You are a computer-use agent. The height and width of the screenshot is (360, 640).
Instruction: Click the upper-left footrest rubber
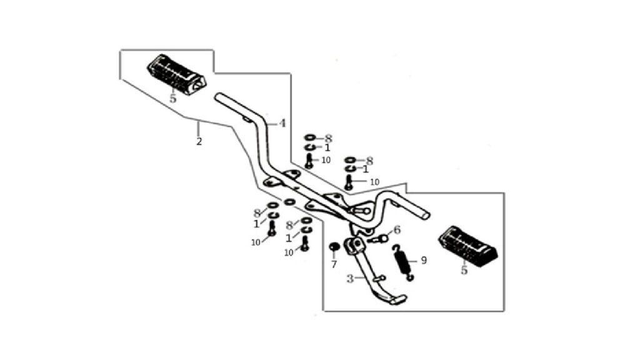(176, 74)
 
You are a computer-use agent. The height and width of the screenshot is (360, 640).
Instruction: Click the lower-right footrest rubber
(467, 246)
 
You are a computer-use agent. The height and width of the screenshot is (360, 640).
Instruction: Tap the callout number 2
(199, 142)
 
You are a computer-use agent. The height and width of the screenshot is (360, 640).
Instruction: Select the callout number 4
(282, 123)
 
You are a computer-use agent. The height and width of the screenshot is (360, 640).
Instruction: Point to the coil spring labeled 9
(403, 262)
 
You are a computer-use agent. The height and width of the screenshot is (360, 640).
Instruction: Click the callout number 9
(424, 260)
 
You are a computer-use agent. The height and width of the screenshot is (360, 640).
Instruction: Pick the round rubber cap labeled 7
(334, 247)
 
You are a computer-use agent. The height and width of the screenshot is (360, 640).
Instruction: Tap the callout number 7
(334, 264)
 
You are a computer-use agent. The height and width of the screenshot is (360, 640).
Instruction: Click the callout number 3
(350, 279)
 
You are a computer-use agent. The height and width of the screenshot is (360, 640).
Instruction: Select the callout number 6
(397, 230)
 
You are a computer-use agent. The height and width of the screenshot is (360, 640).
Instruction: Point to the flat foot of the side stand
(396, 299)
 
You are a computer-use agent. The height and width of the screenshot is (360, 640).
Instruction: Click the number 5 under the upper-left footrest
(173, 99)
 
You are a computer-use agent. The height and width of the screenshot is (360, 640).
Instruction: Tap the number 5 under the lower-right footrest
(464, 270)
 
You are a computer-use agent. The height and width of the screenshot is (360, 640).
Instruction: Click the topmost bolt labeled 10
(309, 161)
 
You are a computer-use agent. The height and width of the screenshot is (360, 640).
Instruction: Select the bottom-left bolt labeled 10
(272, 228)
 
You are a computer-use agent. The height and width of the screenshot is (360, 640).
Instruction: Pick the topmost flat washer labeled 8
(310, 138)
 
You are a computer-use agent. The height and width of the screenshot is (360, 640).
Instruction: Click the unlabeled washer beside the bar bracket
(289, 202)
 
